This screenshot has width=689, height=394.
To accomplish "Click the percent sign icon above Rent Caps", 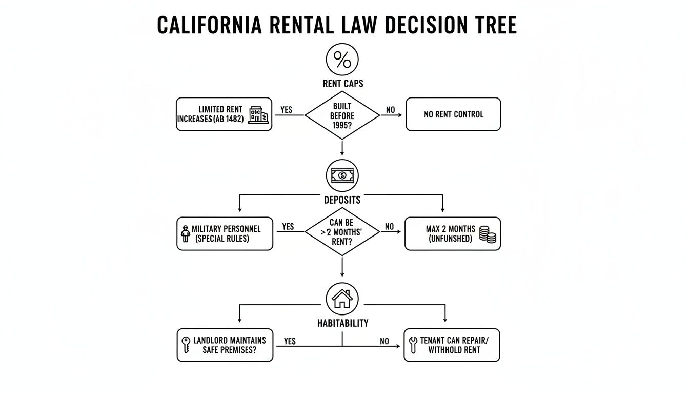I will (x=342, y=60).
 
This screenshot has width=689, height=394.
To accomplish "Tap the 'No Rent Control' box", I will (x=453, y=114).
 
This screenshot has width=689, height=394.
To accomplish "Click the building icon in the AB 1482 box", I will (x=258, y=115).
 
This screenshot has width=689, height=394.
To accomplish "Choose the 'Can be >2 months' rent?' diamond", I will (x=342, y=232).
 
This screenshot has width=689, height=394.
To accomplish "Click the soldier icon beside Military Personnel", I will (x=186, y=233).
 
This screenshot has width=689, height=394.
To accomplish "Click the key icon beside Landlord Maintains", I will (x=186, y=345).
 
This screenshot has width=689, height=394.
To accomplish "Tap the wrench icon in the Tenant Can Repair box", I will (x=412, y=345).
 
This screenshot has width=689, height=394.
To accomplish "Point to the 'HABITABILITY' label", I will (x=342, y=323).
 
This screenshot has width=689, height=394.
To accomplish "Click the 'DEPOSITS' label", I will (x=342, y=200).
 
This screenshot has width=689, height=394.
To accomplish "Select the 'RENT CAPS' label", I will (x=342, y=84).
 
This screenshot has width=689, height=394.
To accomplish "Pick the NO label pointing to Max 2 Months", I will (x=390, y=227).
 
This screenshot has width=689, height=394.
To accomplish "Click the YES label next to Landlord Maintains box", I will (x=289, y=341).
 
